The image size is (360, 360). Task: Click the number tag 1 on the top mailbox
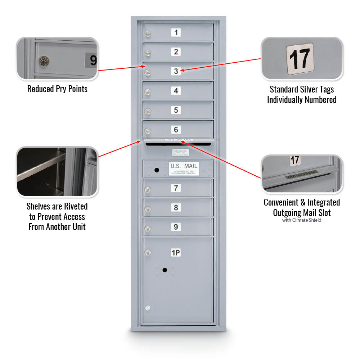click(176, 32)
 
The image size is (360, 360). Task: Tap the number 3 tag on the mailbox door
click(176, 71)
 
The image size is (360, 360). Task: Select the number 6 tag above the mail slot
click(176, 130)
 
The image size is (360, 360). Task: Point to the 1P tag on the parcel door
click(176, 253)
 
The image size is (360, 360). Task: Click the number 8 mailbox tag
click(176, 208)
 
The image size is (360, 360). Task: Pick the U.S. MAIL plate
click(184, 168)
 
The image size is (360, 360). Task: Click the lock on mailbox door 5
click(147, 112)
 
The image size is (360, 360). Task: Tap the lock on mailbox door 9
click(147, 229)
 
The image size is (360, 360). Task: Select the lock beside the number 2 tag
click(147, 54)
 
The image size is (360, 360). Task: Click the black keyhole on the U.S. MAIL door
click(156, 169)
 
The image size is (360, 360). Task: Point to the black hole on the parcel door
click(165, 270)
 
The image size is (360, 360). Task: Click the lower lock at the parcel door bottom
click(147, 308)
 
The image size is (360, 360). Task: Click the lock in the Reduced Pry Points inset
click(44, 61)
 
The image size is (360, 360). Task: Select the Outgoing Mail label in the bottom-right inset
click(302, 175)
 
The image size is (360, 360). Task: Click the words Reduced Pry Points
click(57, 89)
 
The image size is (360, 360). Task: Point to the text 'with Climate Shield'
click(302, 220)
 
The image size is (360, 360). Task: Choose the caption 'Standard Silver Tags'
click(302, 89)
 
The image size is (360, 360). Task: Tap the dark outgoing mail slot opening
click(178, 144)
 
